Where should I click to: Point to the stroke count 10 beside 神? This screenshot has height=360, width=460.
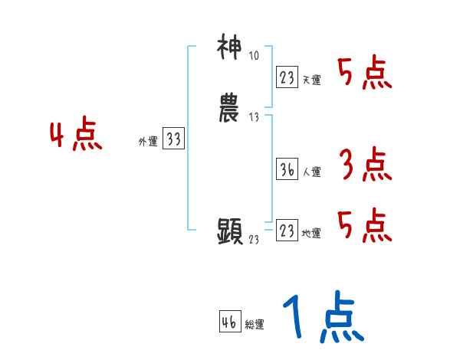(254, 55)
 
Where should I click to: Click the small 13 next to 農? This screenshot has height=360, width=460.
(254, 117)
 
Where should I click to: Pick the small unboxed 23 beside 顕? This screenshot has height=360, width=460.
(254, 240)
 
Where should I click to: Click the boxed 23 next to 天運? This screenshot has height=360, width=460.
(287, 77)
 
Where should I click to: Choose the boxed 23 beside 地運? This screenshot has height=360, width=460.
(287, 231)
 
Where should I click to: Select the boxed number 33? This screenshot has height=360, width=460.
(173, 139)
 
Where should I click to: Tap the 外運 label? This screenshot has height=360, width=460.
(148, 142)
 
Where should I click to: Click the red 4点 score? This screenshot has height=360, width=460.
(76, 136)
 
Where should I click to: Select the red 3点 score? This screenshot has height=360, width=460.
(364, 165)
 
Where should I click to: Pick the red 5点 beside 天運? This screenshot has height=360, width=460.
(364, 74)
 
